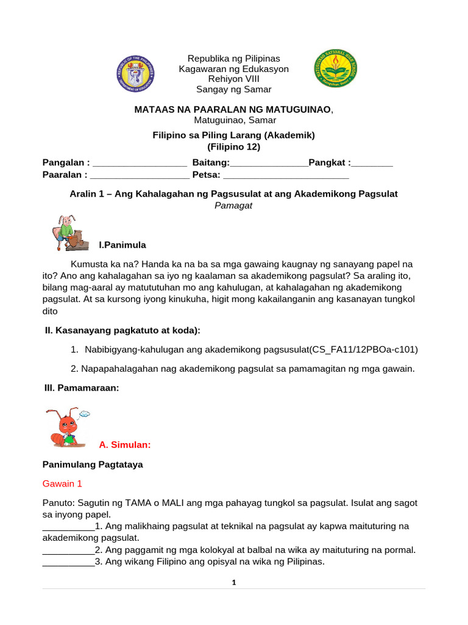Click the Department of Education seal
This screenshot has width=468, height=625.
(135, 73)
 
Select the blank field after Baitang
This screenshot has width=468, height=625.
(269, 163)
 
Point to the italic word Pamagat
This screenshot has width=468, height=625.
(233, 205)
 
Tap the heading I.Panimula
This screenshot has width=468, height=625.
(122, 245)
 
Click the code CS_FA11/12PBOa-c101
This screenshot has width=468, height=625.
(364, 350)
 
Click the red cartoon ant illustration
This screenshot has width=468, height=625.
(65, 428)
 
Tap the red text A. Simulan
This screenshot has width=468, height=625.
(124, 445)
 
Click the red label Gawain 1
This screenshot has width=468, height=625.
(62, 483)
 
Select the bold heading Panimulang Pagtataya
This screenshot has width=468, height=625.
(93, 464)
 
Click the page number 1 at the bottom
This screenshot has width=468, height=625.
(233, 583)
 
